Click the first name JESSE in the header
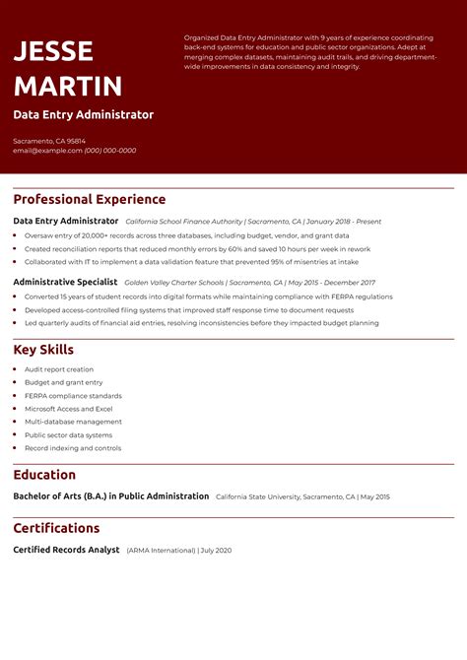click(53, 51)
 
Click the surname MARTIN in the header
click(68, 86)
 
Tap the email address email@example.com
click(46, 151)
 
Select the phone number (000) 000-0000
click(110, 151)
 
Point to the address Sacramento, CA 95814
click(49, 141)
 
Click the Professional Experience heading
click(89, 199)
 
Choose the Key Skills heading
click(43, 350)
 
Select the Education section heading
click(44, 475)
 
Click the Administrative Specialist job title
click(65, 282)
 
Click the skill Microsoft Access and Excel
click(68, 409)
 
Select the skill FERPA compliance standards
click(73, 395)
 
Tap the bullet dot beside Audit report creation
click(16, 369)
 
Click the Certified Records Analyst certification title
click(66, 550)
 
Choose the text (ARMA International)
click(161, 550)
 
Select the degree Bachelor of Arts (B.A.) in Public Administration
click(110, 496)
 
